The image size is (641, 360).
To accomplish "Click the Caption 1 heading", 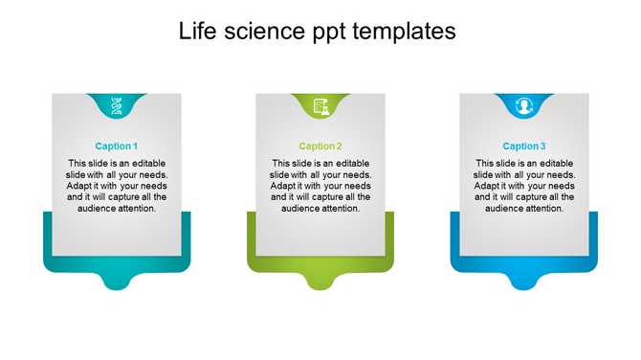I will click(117, 146).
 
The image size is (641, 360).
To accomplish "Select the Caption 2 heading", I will click(320, 146).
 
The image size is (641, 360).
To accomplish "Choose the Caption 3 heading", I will click(524, 146).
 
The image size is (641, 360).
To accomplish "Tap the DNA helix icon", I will click(117, 105).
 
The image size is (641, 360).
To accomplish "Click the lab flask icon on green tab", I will click(320, 106).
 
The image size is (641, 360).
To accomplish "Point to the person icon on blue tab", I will click(524, 106).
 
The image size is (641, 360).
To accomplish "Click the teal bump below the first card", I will click(117, 280).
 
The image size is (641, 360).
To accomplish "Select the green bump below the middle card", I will click(320, 280).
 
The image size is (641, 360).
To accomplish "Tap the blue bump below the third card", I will click(524, 280).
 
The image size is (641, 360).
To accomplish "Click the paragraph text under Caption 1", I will click(117, 186).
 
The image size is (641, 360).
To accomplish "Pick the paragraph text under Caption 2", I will click(320, 186).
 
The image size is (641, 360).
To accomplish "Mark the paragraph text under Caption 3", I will click(524, 186).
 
